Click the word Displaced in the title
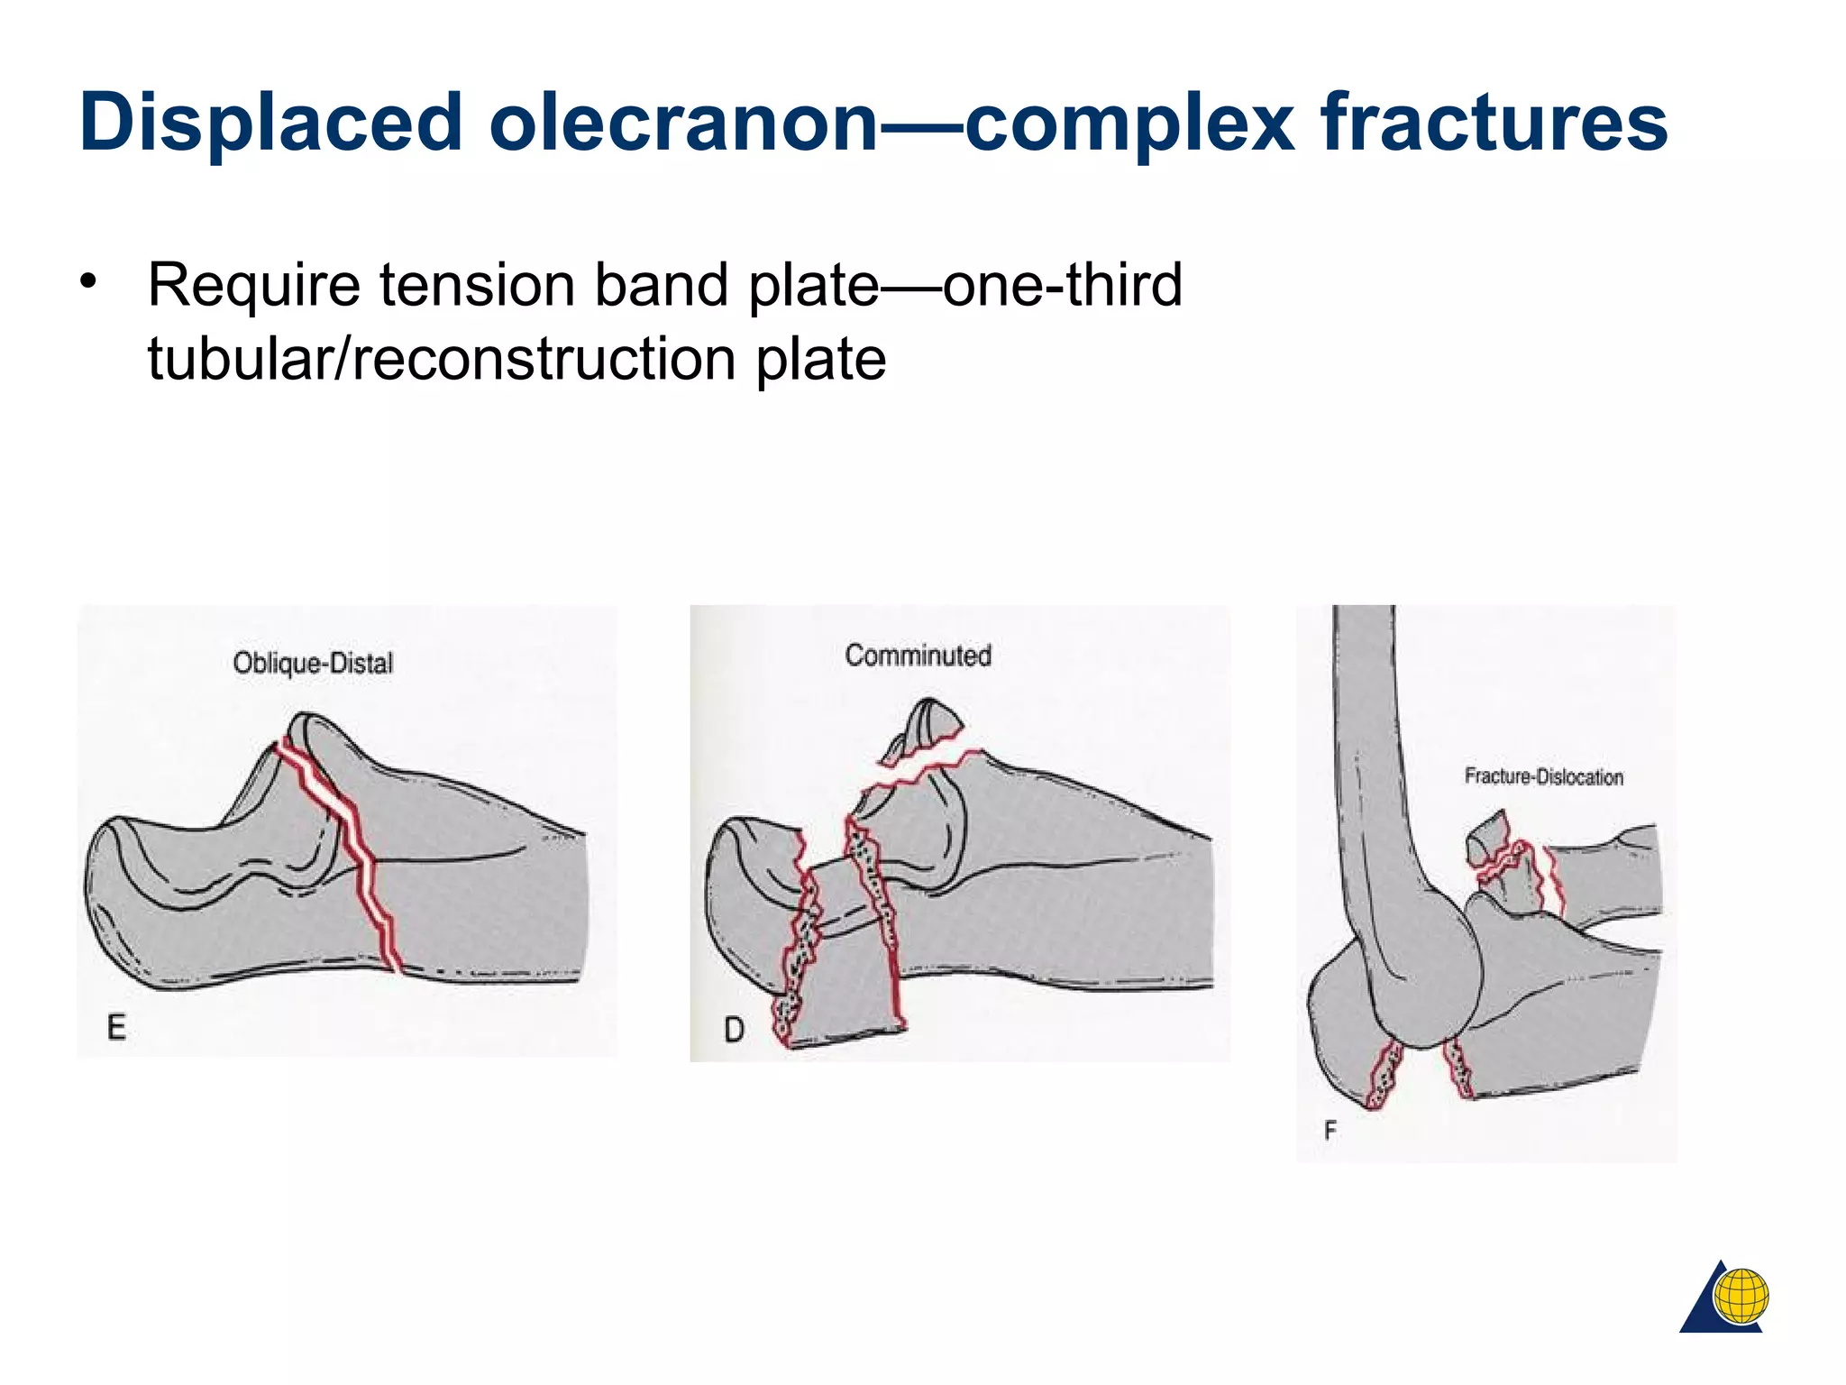point(270,123)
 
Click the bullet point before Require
point(87,281)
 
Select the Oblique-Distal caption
point(313,664)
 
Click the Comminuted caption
point(918,656)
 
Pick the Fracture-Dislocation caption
point(1543,776)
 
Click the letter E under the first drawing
point(116,1028)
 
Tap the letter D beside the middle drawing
point(735,1030)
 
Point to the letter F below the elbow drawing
point(1330,1131)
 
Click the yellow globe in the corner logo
point(1741,1297)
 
